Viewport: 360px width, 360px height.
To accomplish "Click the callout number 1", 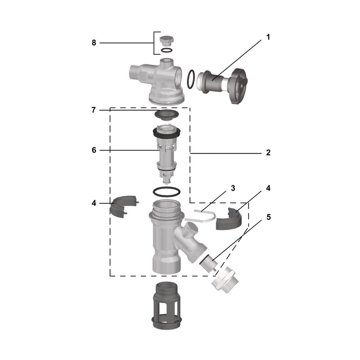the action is [268, 37].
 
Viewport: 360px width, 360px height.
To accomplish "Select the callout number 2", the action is [268, 153].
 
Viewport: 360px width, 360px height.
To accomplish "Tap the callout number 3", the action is [233, 188].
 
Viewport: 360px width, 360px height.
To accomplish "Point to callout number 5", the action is [269, 217].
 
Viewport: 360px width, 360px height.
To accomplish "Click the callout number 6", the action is [94, 150].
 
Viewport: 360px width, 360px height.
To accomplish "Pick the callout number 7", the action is [94, 110].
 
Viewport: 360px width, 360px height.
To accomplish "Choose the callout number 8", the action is [94, 43].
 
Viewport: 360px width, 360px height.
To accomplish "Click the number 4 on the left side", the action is [94, 203].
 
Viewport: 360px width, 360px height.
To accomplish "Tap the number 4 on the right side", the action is [268, 188].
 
